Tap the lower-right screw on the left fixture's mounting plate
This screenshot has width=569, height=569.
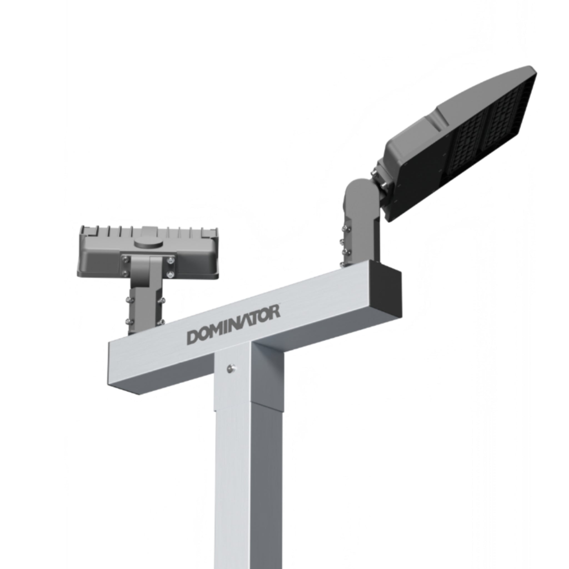pyautogui.click(x=170, y=275)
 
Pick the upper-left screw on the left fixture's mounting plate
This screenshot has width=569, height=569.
pyautogui.click(x=126, y=260)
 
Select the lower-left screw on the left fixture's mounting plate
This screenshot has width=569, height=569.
pyautogui.click(x=126, y=273)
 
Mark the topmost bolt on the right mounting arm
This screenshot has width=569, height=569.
pyautogui.click(x=344, y=228)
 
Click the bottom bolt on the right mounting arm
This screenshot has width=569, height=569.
pyautogui.click(x=342, y=265)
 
